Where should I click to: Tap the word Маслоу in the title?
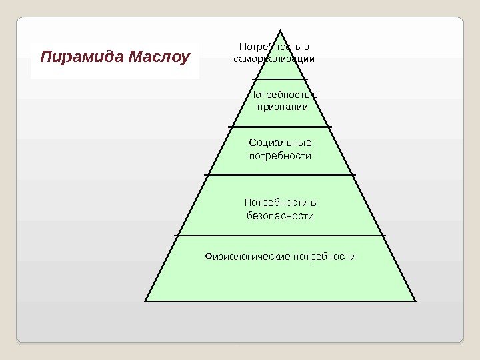click(160, 57)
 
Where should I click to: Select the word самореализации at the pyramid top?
click(273, 59)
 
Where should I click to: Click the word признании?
click(280, 107)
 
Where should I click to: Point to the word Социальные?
click(280, 142)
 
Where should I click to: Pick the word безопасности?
click(280, 216)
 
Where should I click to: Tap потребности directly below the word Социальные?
click(280, 156)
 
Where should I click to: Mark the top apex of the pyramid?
click(281, 30)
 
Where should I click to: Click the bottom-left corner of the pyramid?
click(145, 301)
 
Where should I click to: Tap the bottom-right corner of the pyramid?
click(415, 301)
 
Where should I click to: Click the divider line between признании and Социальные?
click(280, 126)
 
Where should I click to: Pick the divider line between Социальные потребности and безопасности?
click(280, 175)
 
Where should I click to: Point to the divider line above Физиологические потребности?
click(280, 235)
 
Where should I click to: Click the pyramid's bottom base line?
click(280, 301)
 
